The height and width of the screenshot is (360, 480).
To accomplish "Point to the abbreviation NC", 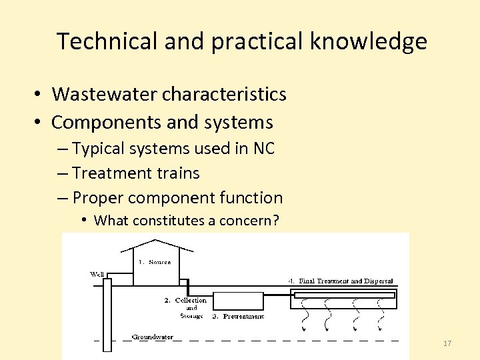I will click(x=263, y=148).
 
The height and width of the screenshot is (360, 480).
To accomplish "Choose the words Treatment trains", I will click(x=136, y=173).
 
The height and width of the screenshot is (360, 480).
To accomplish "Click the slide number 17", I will click(x=447, y=344).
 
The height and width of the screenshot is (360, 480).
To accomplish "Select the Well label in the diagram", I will click(x=97, y=274).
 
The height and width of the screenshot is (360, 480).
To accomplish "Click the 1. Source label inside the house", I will click(x=155, y=262).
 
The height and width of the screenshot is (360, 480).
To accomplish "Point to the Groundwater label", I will click(x=152, y=337).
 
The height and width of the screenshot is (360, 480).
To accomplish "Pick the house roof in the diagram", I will click(x=157, y=243).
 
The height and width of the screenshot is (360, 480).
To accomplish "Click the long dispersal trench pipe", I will click(x=343, y=294).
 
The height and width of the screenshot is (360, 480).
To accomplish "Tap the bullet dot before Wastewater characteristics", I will click(x=41, y=95).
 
